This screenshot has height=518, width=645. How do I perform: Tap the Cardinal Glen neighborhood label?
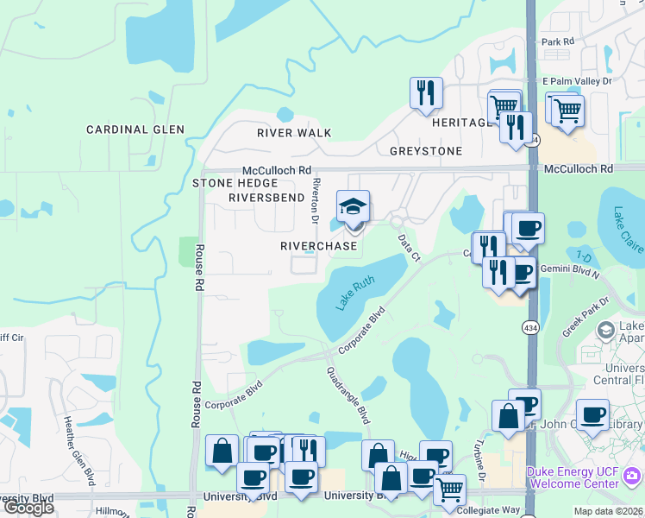135,129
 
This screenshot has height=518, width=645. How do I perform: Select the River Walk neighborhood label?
294,133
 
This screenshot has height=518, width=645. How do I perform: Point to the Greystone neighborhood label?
426,151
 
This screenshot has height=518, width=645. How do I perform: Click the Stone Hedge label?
235,183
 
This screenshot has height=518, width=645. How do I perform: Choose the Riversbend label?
266,198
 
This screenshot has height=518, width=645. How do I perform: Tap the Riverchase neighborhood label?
318,246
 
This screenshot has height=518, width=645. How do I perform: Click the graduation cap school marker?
353,207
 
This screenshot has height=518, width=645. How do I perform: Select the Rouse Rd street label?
198,267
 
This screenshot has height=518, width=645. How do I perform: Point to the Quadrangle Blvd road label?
348,395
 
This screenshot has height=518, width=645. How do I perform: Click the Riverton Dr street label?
316,199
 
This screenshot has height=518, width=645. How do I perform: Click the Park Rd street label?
557,41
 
